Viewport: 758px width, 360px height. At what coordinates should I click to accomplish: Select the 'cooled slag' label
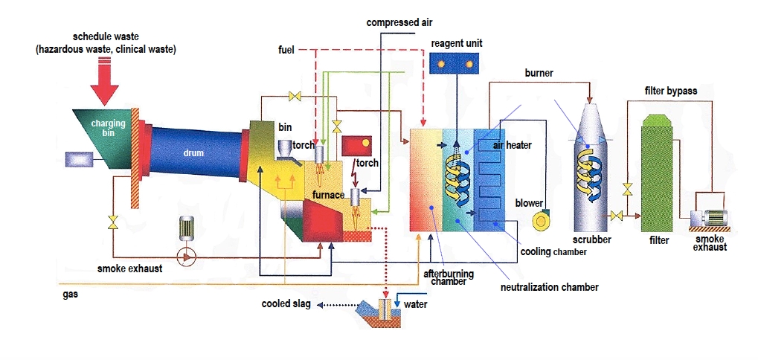click(286, 304)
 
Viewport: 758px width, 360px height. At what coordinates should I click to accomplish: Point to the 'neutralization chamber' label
click(549, 286)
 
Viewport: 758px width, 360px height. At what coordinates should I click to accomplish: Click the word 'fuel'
click(286, 50)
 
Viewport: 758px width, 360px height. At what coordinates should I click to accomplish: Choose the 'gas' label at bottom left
click(69, 295)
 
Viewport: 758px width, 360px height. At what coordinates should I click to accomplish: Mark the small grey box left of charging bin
click(77, 159)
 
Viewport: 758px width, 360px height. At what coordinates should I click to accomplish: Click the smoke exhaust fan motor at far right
click(713, 218)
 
